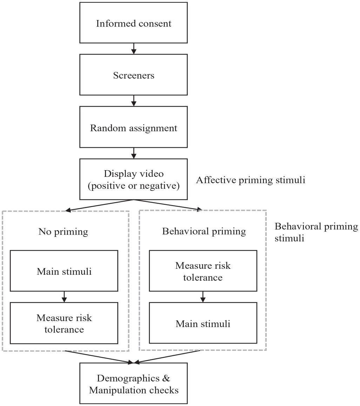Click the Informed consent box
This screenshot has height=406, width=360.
pos(133,23)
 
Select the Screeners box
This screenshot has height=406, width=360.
pos(133,75)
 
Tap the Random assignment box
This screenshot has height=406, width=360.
pos(133,127)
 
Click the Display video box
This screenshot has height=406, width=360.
pos(133,179)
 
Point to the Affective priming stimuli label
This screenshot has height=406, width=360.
pos(251,180)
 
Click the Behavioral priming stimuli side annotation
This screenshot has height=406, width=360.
pos(316,232)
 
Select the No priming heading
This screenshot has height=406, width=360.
pos(63,232)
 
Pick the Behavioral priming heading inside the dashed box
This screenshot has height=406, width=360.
pos(204,231)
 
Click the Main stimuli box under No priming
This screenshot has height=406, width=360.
pos(64,271)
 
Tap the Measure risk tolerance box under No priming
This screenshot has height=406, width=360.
pos(64,323)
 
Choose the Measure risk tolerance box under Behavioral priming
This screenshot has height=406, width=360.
pos(203,271)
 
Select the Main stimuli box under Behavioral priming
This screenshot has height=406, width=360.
pos(203,323)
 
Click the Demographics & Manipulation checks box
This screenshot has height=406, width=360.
pos(133,384)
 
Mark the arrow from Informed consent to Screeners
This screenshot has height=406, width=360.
pos(134,49)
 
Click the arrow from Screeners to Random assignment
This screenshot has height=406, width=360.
pos(134,101)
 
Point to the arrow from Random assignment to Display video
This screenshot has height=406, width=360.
pos(134,153)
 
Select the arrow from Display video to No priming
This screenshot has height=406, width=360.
pos(99,205)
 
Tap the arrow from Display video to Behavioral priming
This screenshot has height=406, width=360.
pos(168,205)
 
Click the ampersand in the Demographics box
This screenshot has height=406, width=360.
pos(166,378)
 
